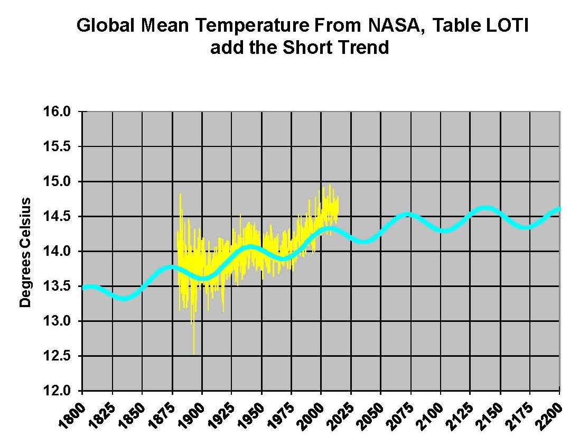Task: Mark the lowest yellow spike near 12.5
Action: click(x=194, y=353)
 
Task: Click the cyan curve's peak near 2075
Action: click(x=407, y=214)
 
